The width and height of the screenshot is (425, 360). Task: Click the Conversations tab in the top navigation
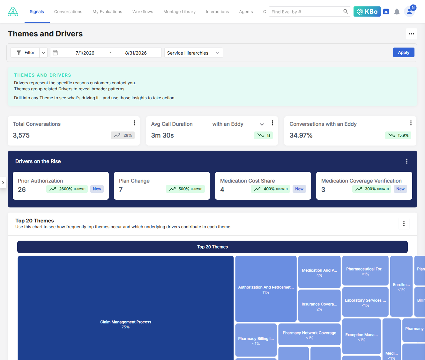68,12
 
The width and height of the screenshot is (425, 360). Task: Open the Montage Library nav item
179,12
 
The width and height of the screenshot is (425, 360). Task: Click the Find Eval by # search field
306,12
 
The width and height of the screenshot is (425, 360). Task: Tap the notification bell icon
397,11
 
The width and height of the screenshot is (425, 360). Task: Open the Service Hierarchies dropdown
193,53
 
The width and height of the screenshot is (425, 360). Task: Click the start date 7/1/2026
85,53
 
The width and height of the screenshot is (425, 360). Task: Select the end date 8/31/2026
136,53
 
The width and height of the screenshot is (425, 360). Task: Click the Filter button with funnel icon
25,53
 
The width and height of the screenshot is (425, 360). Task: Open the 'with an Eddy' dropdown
238,124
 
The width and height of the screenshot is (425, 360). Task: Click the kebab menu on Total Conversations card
134,123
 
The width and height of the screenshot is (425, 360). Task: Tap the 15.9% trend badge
398,135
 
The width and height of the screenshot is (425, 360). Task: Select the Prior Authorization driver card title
40,181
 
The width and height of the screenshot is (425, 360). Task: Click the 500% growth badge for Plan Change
185,189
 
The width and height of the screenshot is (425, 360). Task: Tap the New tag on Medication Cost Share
299,189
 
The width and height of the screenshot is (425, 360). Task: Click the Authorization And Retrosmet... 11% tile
266,289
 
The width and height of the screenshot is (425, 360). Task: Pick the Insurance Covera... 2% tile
319,306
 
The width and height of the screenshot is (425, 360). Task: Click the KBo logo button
367,11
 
